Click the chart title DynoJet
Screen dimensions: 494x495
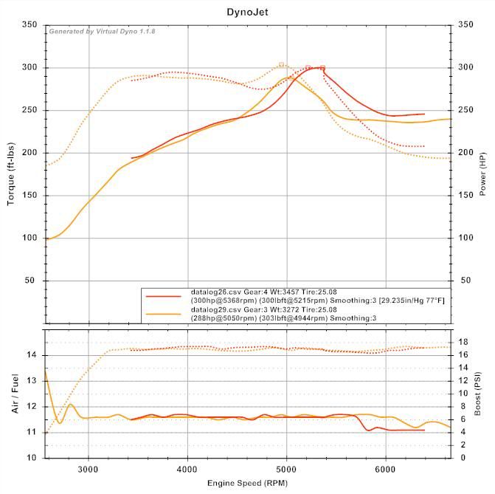pos(247,12)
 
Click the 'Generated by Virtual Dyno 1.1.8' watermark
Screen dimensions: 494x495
pos(102,31)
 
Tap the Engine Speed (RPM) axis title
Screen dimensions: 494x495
pos(247,482)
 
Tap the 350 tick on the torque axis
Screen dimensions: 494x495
pos(30,25)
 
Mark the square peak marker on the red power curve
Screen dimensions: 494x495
pos(322,68)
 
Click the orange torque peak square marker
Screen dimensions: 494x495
pos(282,65)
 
